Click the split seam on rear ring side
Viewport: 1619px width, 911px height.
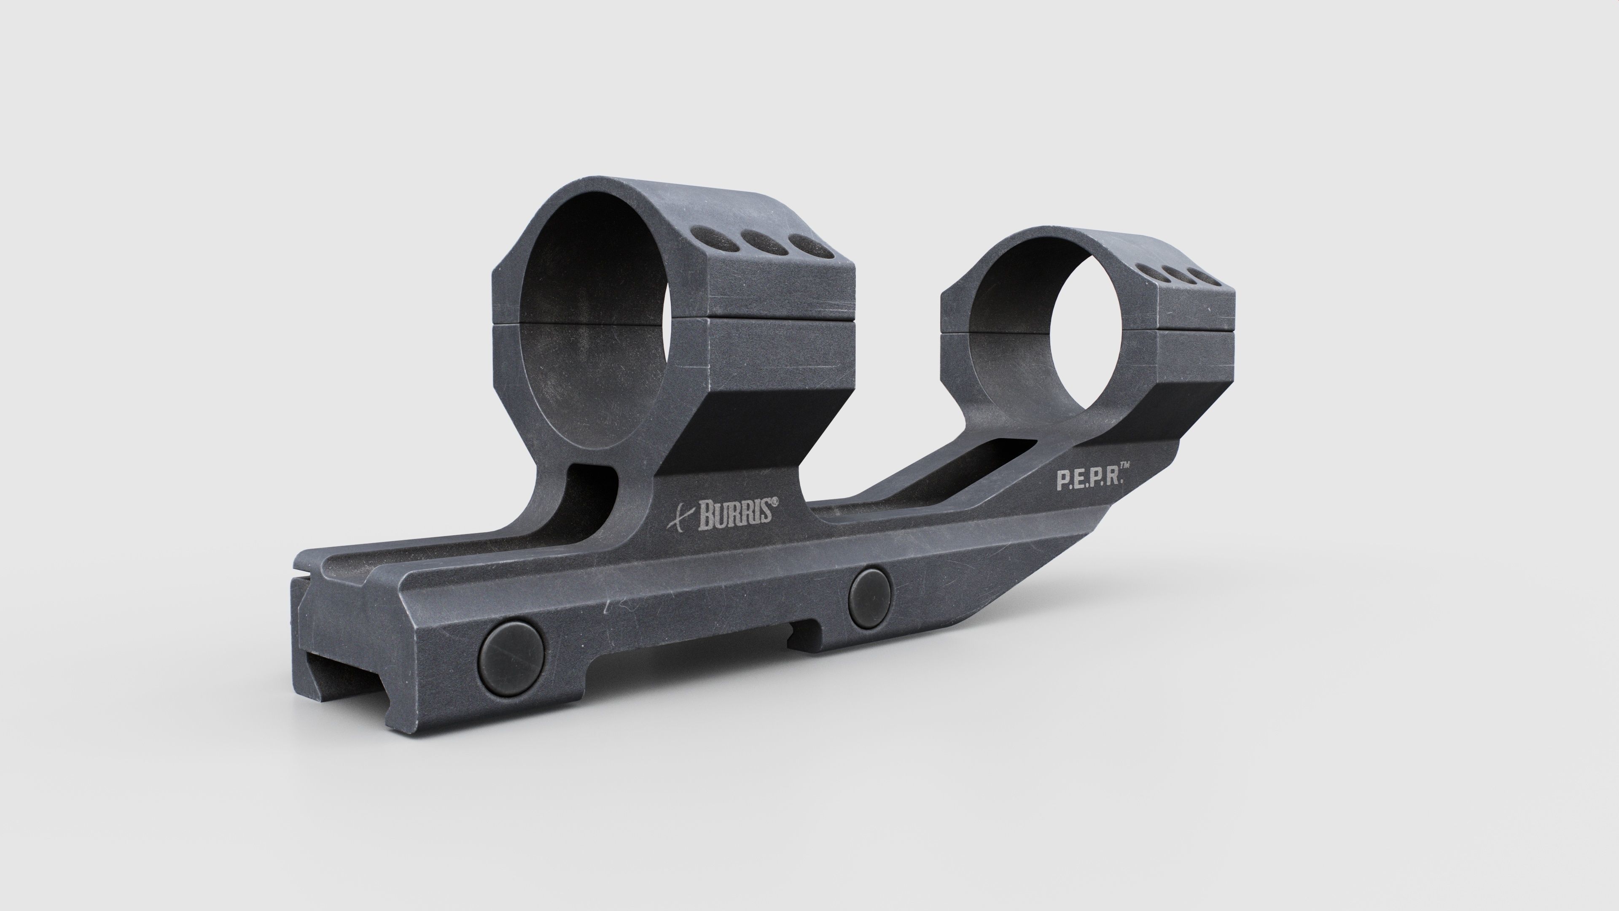(x=1194, y=328)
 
